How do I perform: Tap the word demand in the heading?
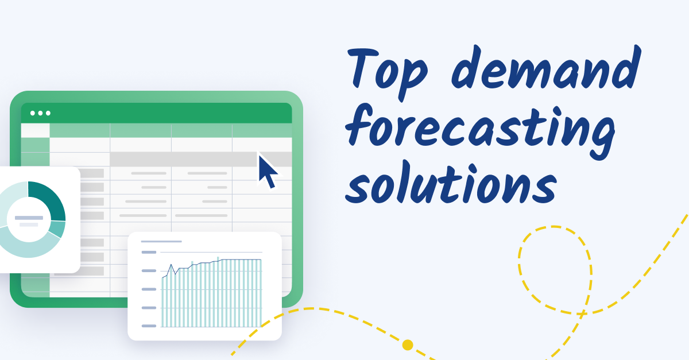point(546,67)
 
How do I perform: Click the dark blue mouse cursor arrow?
point(267,171)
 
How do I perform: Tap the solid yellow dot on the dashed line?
point(408,345)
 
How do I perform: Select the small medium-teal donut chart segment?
point(58,229)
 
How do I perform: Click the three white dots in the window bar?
point(40,113)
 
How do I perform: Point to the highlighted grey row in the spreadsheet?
point(200,160)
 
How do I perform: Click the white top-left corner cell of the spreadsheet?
point(36,130)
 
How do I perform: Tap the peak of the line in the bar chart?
point(171,265)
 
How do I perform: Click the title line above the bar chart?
point(161,242)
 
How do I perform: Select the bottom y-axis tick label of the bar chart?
point(149,326)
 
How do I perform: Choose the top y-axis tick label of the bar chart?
point(149,252)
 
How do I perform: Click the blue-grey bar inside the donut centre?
point(29,218)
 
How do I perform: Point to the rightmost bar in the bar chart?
point(260,293)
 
